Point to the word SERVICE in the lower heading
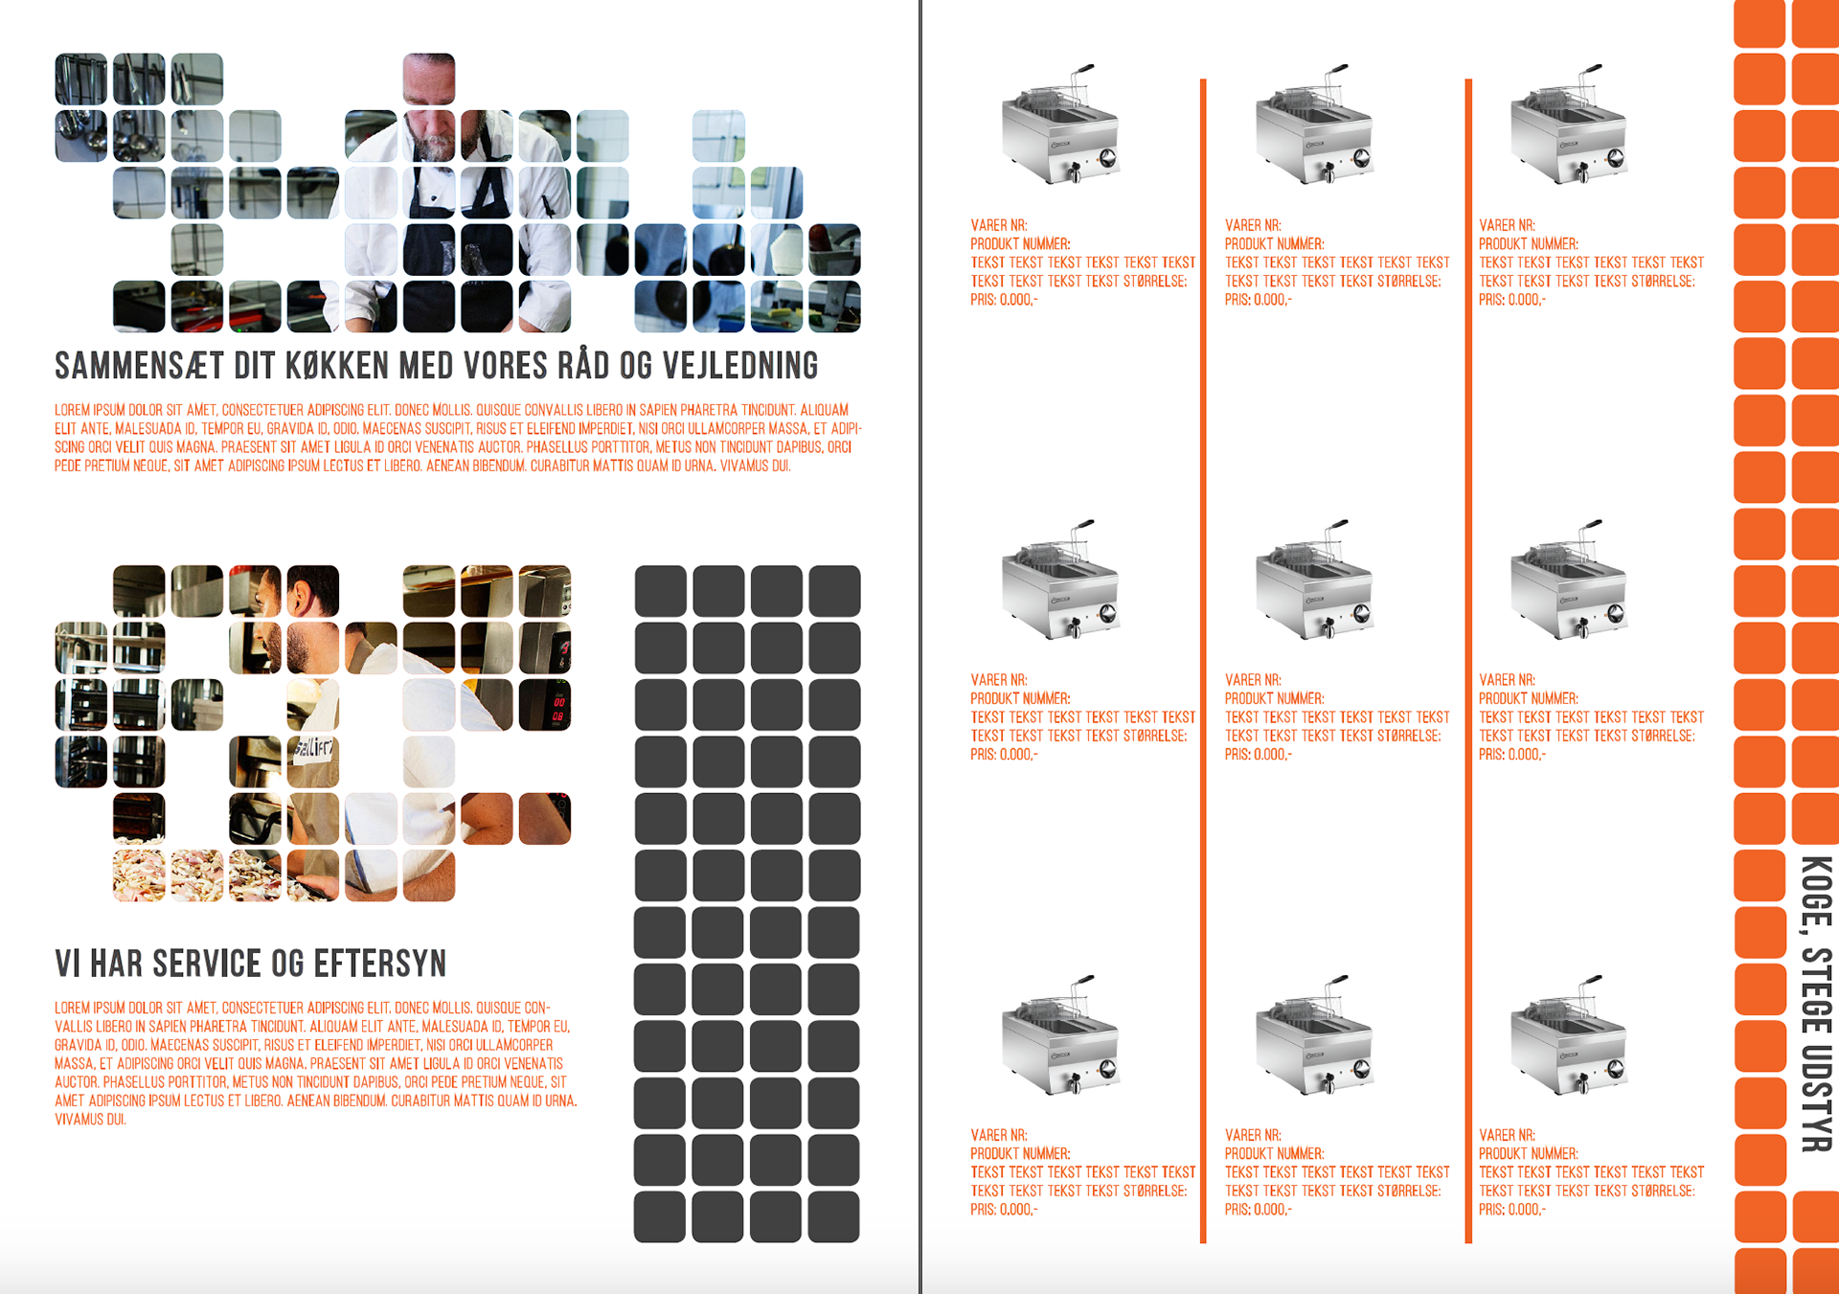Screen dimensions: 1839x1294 pos(201,964)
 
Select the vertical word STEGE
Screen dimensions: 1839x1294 pos(1816,989)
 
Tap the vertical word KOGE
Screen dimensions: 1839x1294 pos(1816,892)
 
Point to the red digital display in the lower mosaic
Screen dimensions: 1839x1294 pos(558,709)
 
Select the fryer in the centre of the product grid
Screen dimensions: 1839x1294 pos(1314,580)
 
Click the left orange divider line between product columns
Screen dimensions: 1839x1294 pos(1203,661)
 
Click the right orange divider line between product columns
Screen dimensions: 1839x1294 pos(1468,661)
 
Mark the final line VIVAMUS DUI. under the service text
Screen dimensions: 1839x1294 pos(90,1119)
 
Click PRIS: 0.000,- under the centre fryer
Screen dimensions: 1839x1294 pos(1258,755)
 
